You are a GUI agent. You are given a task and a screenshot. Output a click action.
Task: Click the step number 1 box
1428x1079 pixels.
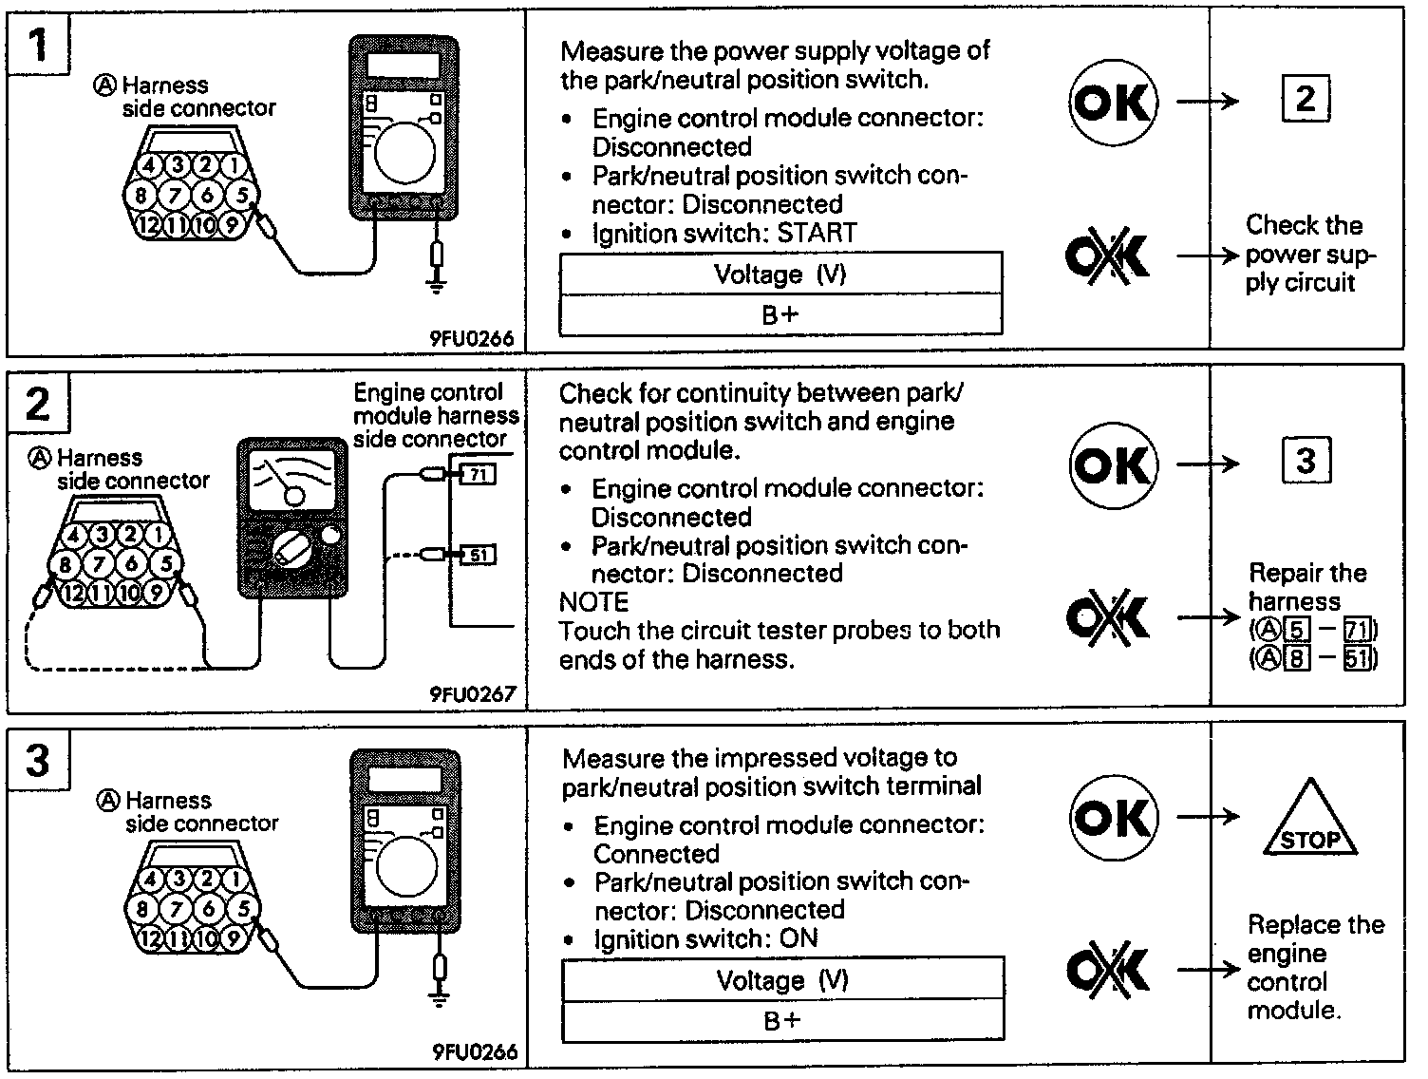pos(38,44)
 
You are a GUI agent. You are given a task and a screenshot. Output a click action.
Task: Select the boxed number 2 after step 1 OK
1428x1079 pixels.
pos(1306,99)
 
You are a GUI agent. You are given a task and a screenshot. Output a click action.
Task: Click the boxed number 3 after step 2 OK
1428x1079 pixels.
pos(1306,462)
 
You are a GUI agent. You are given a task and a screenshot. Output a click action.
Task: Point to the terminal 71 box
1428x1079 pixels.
pos(478,472)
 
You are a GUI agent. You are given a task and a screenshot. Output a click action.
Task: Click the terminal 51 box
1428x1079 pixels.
pos(478,555)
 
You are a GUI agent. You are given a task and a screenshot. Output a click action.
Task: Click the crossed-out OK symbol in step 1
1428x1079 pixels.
pos(1108,255)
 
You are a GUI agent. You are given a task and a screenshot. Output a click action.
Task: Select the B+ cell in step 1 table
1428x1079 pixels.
pos(780,314)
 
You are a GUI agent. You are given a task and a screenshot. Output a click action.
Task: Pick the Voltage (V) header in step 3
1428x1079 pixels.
pos(782,980)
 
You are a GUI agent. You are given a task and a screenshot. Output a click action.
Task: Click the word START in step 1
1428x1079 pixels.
pos(817,233)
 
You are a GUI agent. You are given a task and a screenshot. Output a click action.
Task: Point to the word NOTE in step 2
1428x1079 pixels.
pos(593,602)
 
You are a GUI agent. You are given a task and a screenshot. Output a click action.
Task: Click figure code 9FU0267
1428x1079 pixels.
pos(473,694)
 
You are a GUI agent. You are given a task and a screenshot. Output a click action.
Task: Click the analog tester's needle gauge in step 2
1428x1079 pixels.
pos(291,480)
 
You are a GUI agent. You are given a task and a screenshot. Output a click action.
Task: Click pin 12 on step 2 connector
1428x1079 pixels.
pos(74,595)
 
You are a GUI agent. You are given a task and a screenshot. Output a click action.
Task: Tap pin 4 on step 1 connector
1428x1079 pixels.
pos(150,164)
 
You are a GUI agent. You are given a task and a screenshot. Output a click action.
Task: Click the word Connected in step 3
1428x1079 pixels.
pos(656,853)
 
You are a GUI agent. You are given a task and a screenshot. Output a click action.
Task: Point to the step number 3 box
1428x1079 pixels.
pos(38,760)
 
